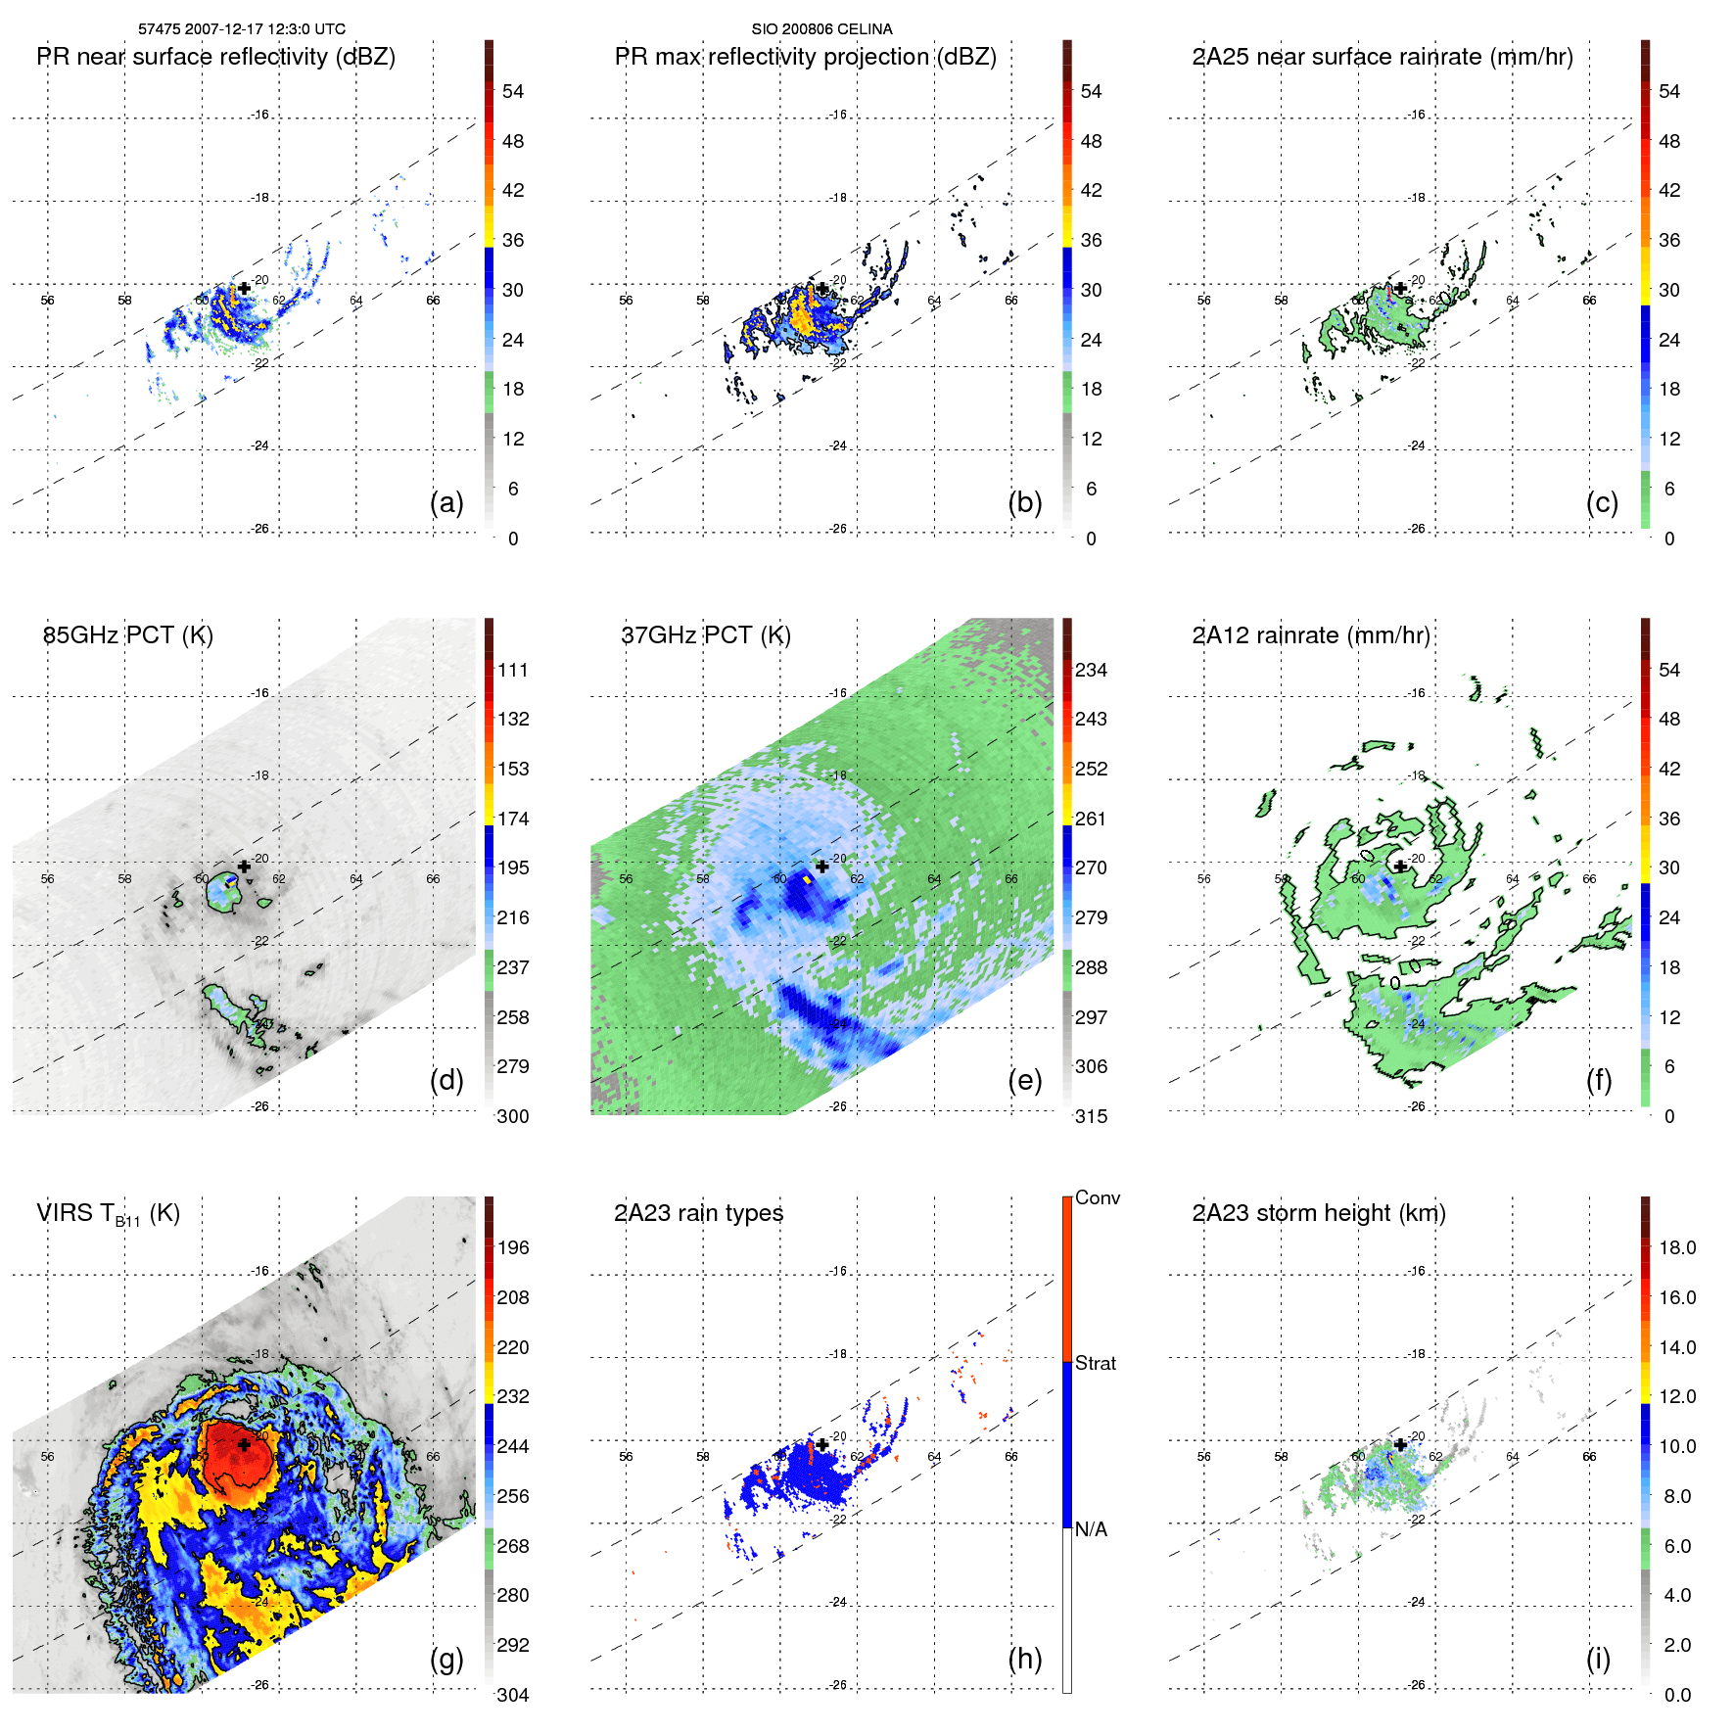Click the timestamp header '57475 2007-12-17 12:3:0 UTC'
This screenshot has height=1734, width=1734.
242,29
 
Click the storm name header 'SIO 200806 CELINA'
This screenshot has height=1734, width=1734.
821,29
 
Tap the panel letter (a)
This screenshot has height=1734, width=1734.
446,502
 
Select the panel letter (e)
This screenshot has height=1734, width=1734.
1024,1080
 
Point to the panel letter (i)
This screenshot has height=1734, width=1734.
1598,1659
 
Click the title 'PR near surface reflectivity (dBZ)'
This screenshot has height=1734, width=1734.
215,57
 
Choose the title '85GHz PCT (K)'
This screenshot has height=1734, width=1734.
128,635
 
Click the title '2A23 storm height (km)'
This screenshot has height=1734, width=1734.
1319,1213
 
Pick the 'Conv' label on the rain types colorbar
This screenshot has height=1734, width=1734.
1098,1198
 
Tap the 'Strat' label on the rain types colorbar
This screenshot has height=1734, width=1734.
1096,1364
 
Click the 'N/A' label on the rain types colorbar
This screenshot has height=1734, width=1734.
1092,1529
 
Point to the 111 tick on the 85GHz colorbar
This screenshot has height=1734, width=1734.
513,671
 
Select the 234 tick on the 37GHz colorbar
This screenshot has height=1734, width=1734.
1091,671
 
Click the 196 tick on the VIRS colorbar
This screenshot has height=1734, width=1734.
513,1248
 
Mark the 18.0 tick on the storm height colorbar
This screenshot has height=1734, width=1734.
1677,1248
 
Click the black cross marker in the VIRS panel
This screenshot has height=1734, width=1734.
244,1444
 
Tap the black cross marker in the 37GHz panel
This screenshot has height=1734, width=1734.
822,867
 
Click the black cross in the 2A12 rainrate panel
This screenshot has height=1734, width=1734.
1401,867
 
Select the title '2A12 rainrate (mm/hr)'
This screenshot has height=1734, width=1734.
1311,635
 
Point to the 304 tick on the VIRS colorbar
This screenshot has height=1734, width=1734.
513,1695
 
